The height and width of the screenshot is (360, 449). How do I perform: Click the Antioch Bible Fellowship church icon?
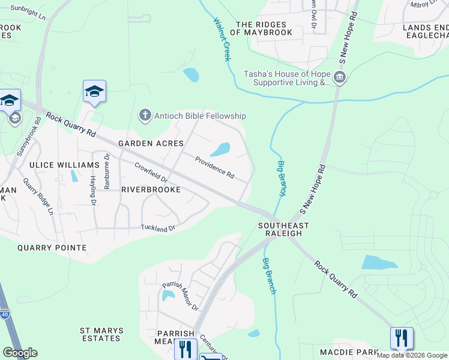point(145,115)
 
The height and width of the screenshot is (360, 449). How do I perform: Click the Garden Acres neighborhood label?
point(142,143)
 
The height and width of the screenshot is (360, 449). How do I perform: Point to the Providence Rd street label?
point(214,166)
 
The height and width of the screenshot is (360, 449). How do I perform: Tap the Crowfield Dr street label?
point(151,173)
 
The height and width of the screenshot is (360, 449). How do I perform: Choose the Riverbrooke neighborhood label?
point(151,189)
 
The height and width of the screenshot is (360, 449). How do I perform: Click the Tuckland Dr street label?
point(157,228)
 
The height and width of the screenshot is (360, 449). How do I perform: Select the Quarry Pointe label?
point(52,248)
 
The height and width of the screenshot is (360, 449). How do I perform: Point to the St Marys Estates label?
point(102,334)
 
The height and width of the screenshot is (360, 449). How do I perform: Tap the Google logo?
point(20,353)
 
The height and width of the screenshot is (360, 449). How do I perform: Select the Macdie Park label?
point(349,352)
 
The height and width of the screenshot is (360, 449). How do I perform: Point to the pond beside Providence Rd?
point(221,149)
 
